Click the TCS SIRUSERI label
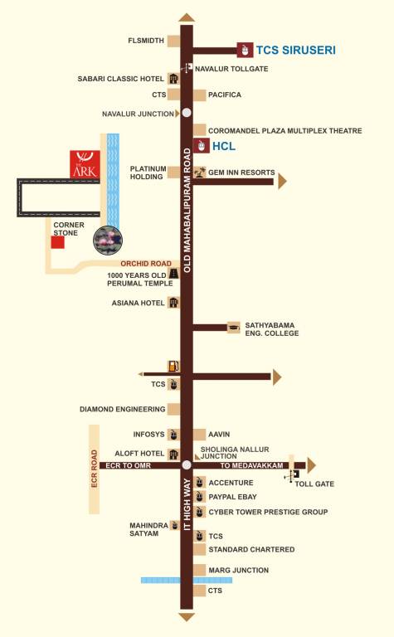point(295,50)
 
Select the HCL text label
point(224,146)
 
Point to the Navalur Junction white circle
point(187,113)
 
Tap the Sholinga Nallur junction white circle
point(187,464)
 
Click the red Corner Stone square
point(57,242)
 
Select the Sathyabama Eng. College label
point(270,329)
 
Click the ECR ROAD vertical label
point(95,468)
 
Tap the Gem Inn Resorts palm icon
point(199,172)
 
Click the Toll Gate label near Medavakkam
point(320,483)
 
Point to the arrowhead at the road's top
point(187,17)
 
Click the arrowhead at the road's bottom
point(187,617)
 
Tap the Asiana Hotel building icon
point(173,303)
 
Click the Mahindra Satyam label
point(148,530)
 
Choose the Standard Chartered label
point(251,549)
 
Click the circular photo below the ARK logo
point(108,239)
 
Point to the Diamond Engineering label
point(123,409)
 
